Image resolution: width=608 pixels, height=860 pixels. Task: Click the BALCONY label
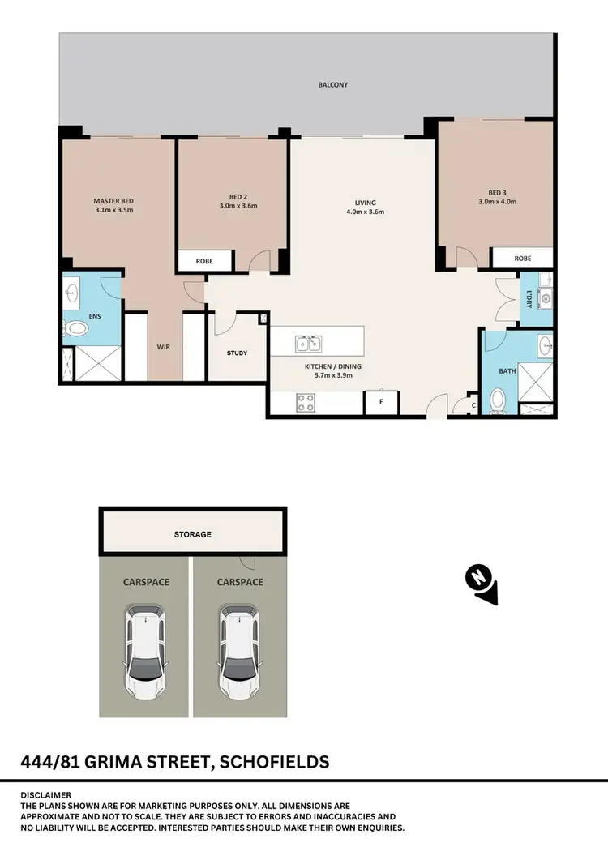click(x=332, y=84)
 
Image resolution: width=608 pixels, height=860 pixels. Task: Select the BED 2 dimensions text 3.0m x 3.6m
click(x=238, y=205)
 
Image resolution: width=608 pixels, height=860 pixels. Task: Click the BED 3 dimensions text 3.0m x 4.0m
click(x=497, y=201)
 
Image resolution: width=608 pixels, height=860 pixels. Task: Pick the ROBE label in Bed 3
click(x=523, y=259)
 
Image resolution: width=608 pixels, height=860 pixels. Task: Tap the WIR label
click(x=163, y=347)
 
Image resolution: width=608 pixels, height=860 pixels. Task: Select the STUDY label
click(x=237, y=353)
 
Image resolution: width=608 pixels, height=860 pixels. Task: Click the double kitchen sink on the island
click(x=308, y=344)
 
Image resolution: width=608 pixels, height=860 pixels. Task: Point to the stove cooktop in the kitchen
click(x=307, y=402)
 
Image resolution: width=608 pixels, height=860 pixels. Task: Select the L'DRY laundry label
click(x=529, y=298)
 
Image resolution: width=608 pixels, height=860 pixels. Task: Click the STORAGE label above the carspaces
click(x=192, y=534)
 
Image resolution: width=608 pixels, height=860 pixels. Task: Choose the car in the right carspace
click(x=239, y=653)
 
